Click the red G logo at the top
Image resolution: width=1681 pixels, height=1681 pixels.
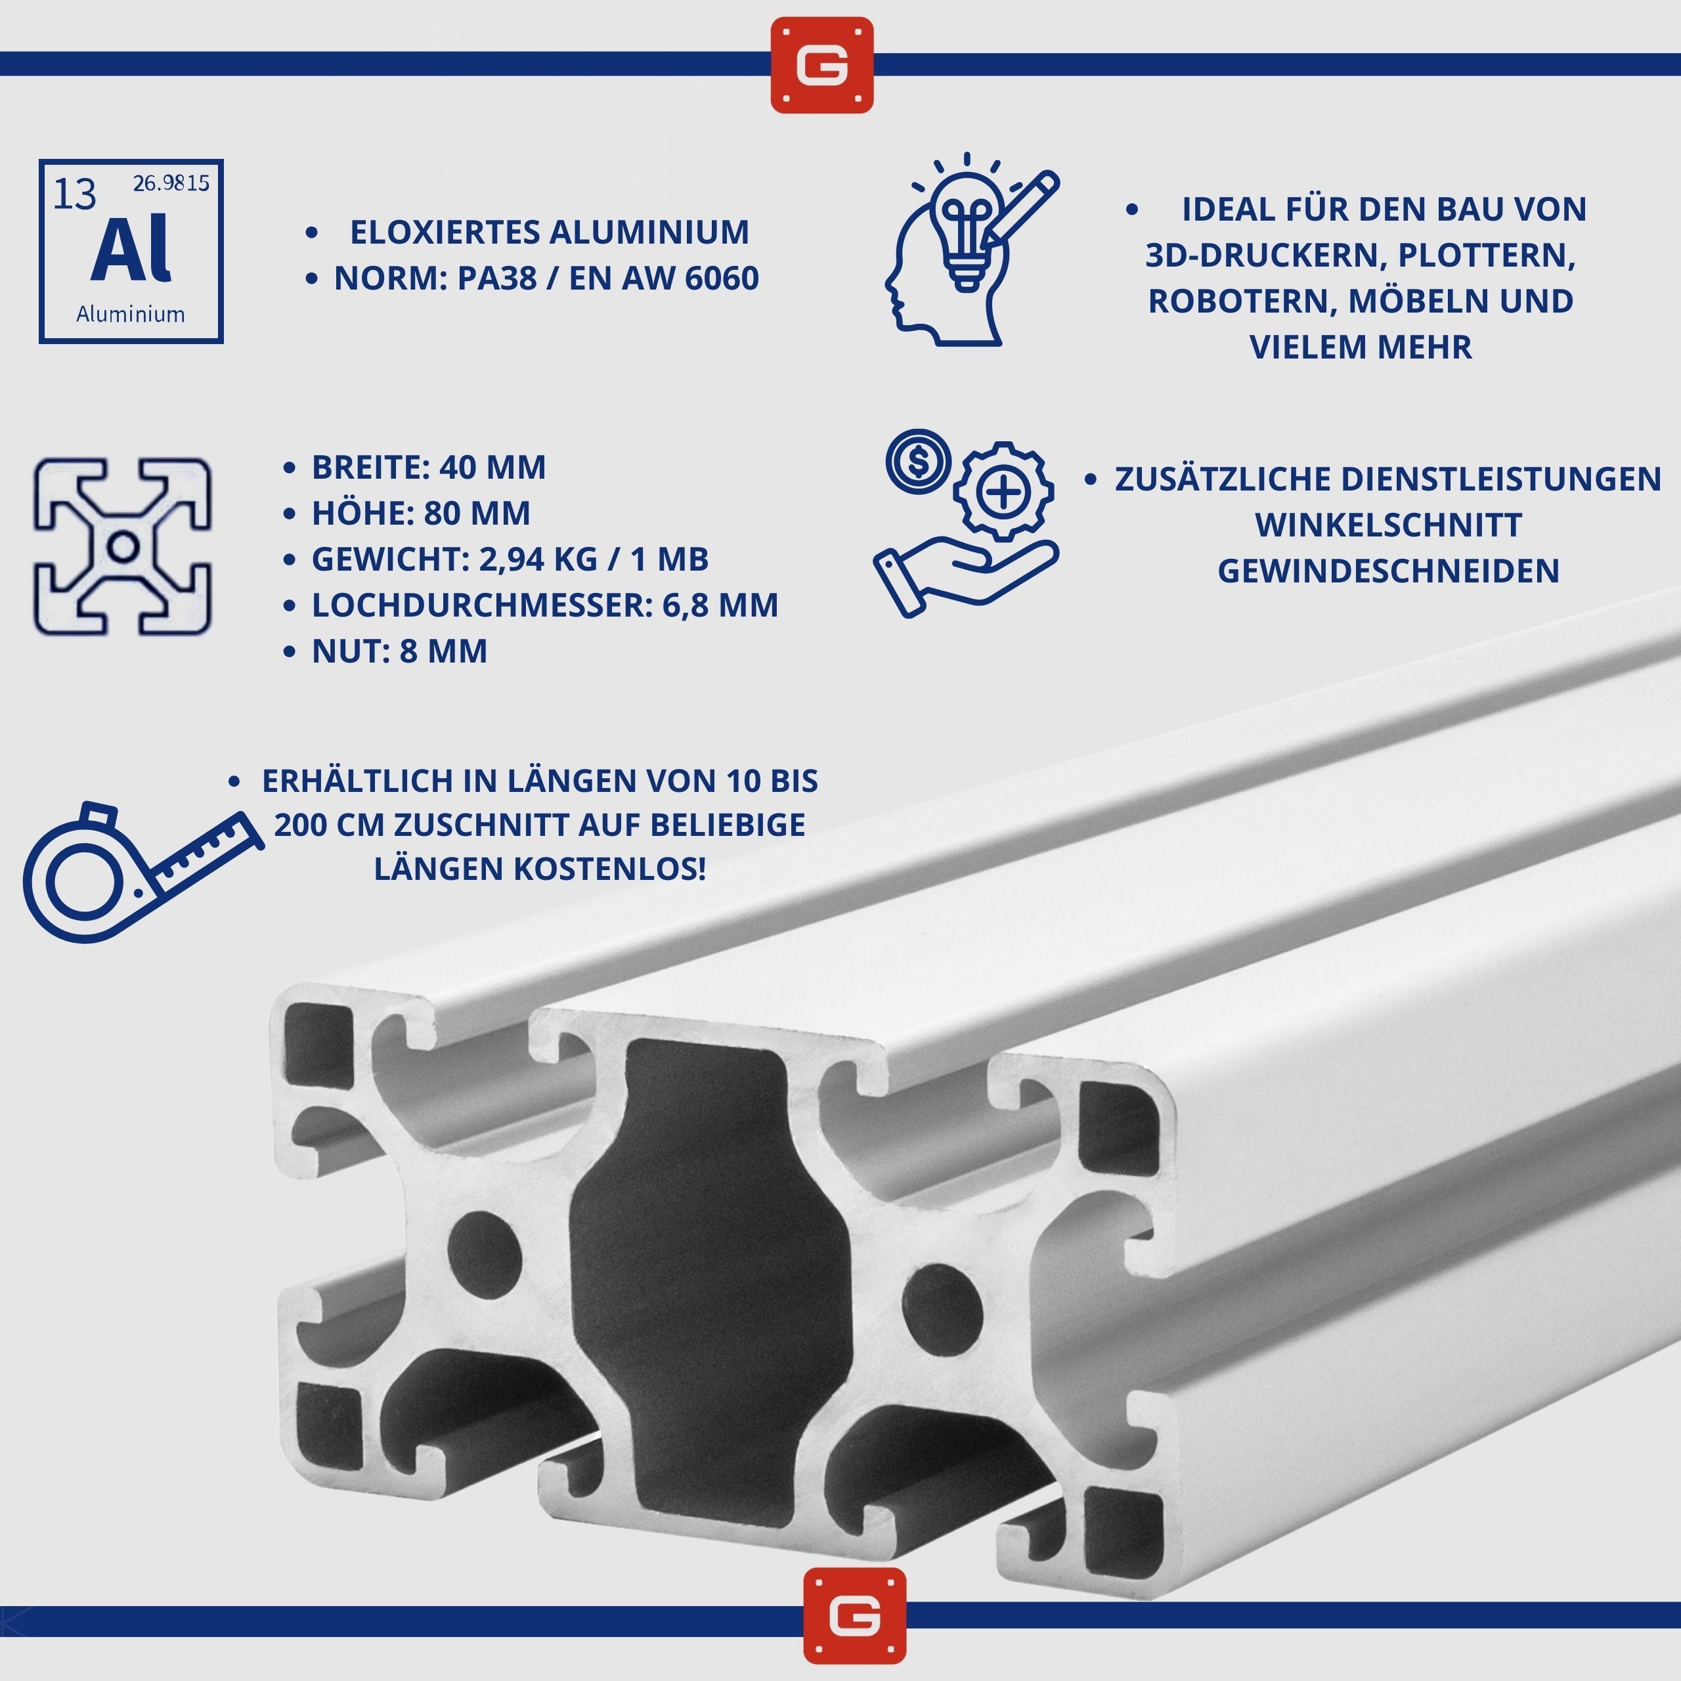[821, 64]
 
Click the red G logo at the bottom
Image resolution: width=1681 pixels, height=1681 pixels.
[854, 1616]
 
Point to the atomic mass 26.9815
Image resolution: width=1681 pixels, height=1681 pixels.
[171, 183]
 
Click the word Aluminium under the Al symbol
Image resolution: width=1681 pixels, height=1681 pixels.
[131, 314]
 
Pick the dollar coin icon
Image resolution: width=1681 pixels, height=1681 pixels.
[918, 460]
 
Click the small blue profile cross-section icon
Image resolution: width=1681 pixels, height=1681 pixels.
[123, 546]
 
